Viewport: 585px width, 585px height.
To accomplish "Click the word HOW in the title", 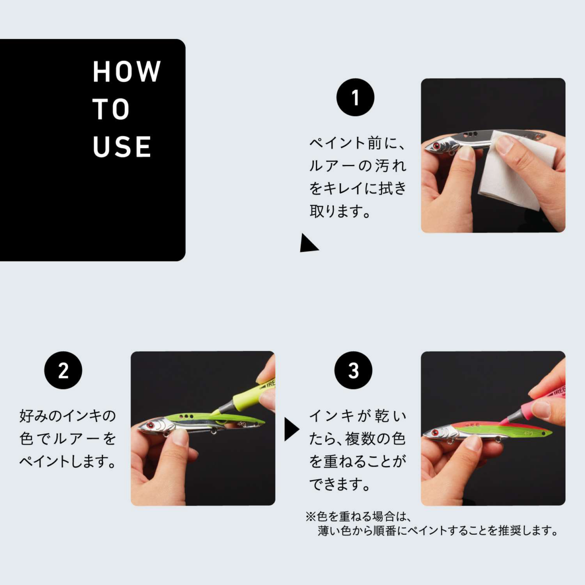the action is coord(127,71).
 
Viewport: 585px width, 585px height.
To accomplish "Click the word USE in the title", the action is coord(122,147).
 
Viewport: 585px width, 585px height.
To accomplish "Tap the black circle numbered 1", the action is coord(355,97).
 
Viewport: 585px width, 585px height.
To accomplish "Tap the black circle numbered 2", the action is coord(63,370).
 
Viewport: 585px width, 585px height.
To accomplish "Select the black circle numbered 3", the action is coord(353,370).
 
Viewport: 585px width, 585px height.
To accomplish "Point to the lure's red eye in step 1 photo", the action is coord(436,146).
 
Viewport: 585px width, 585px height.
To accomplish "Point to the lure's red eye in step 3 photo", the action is coord(436,432).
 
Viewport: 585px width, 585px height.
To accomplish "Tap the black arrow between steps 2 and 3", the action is coord(292,429).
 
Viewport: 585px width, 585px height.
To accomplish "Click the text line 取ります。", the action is coord(340,211).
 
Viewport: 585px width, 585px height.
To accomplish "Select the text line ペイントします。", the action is coord(68,462).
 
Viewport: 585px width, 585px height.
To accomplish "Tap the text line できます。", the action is coord(340,484).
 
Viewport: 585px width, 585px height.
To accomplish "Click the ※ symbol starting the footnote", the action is coord(311,516).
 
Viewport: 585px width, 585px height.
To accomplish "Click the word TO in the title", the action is coord(111,109).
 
